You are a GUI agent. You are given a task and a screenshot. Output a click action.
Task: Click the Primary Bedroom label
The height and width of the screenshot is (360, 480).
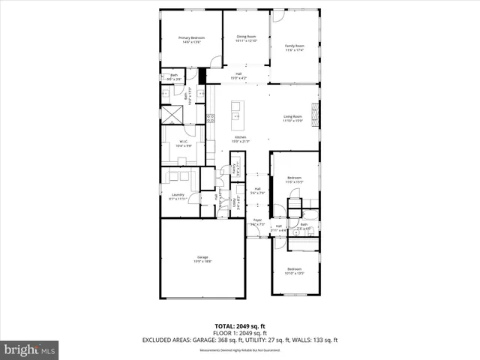click(192, 40)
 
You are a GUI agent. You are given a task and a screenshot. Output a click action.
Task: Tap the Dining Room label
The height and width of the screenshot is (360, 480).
click(247, 38)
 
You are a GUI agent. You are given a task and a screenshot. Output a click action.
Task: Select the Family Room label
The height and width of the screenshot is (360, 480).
click(294, 48)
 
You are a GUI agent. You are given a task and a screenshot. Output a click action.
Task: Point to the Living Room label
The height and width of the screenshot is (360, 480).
click(292, 118)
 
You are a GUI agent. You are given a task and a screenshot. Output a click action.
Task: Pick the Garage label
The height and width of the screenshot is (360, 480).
click(202, 259)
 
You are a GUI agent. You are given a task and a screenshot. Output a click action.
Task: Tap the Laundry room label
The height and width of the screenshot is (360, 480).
click(178, 196)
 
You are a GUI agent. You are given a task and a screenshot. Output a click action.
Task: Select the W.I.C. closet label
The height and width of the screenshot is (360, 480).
click(183, 142)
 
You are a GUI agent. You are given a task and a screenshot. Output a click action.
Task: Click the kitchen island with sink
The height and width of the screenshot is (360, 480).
click(236, 112)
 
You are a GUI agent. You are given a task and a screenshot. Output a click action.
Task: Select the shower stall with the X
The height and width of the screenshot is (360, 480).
click(172, 114)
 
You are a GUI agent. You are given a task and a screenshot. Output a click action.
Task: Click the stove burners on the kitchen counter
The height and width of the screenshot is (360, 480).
click(211, 118)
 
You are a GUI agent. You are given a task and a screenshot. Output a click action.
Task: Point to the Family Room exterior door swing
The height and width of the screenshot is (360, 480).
click(277, 16)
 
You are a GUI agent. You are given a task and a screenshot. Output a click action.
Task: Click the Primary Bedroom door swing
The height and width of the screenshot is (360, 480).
click(192, 73)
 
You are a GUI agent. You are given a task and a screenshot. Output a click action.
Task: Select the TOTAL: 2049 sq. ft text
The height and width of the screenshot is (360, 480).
click(240, 326)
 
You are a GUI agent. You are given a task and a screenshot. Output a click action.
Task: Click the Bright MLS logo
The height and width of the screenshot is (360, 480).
click(30, 349)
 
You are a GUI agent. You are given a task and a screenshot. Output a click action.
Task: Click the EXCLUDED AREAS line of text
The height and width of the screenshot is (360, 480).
click(240, 340)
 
